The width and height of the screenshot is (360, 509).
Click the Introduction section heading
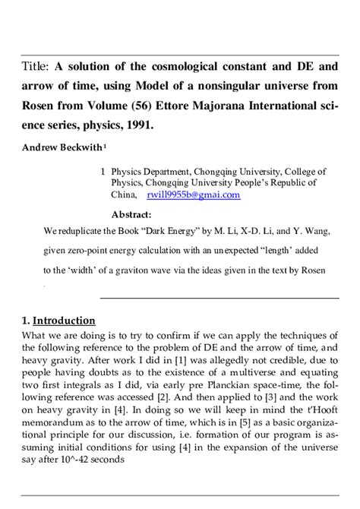pyautogui.click(x=65, y=321)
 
